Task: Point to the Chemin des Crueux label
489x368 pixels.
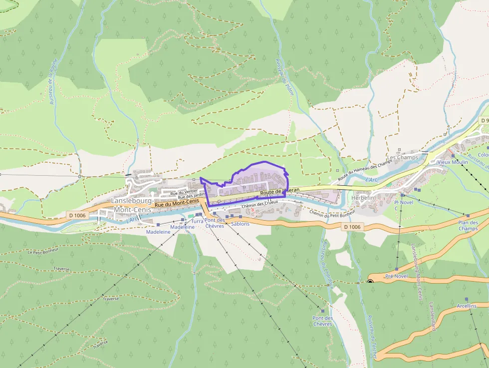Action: pos(259,205)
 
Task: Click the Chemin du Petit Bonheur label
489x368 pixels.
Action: pos(332,213)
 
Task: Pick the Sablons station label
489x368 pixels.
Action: pos(240,224)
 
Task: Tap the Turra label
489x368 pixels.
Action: pos(198,221)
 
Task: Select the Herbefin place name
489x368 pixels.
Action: pos(363,198)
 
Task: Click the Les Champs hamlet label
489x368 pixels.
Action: pos(402,158)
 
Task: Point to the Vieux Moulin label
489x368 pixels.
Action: pos(453,162)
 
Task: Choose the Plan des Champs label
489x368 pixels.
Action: pos(468,226)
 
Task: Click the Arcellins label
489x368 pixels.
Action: pos(467,306)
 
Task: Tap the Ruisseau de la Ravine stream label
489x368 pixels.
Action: pos(53,81)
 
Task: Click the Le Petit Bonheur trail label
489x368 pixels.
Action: pos(44,252)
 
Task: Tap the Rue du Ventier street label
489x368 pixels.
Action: pos(184,192)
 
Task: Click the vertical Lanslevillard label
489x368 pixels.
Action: pos(432,316)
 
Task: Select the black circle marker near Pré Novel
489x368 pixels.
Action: pos(370,282)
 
